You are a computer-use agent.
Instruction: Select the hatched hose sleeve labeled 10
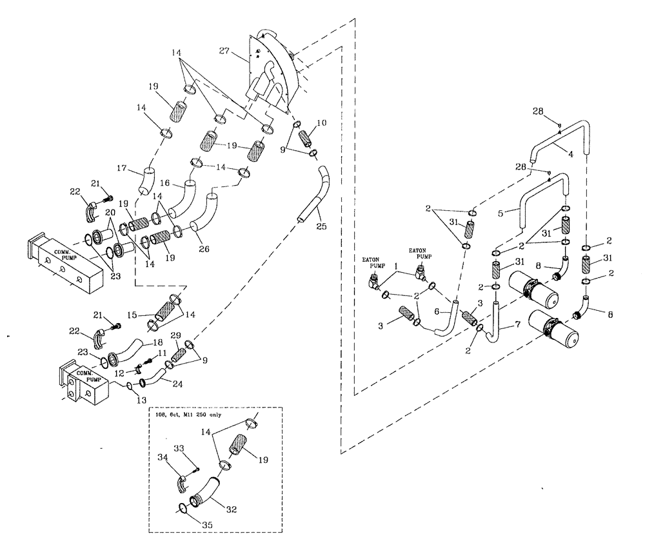[x=306, y=138]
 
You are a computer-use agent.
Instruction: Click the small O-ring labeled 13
[x=129, y=386]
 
